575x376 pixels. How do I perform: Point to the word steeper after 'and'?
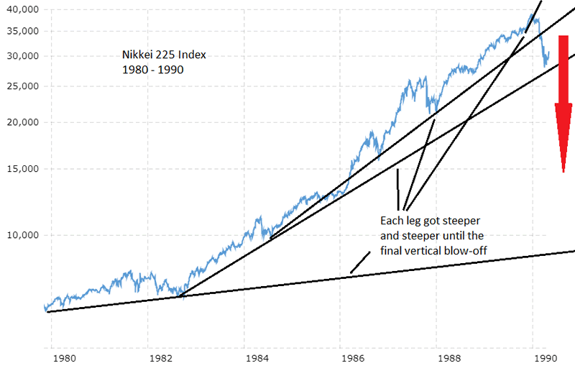425,235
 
